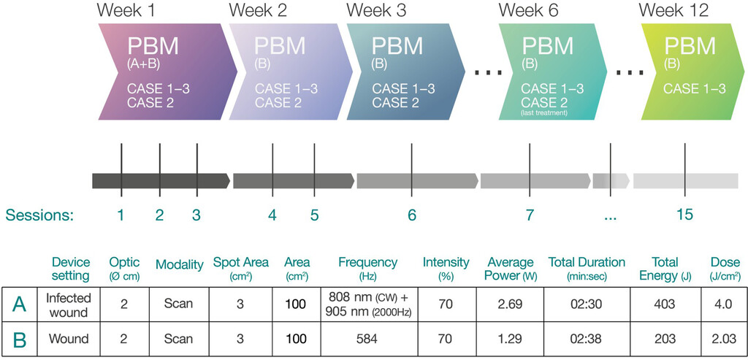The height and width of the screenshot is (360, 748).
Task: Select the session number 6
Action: point(412,215)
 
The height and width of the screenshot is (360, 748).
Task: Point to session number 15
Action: point(684,215)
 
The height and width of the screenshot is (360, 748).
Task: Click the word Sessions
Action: point(39,215)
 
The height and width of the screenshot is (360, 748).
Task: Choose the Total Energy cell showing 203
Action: point(665,339)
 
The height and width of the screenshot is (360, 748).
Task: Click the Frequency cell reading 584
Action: point(367,339)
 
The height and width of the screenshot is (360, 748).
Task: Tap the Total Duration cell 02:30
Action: point(587,303)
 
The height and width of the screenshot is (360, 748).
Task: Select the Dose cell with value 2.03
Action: point(725,339)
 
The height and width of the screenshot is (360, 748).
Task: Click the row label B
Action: point(20,339)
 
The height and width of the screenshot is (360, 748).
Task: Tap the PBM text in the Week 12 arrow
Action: point(690,47)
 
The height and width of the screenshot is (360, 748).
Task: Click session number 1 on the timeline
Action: point(121,215)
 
